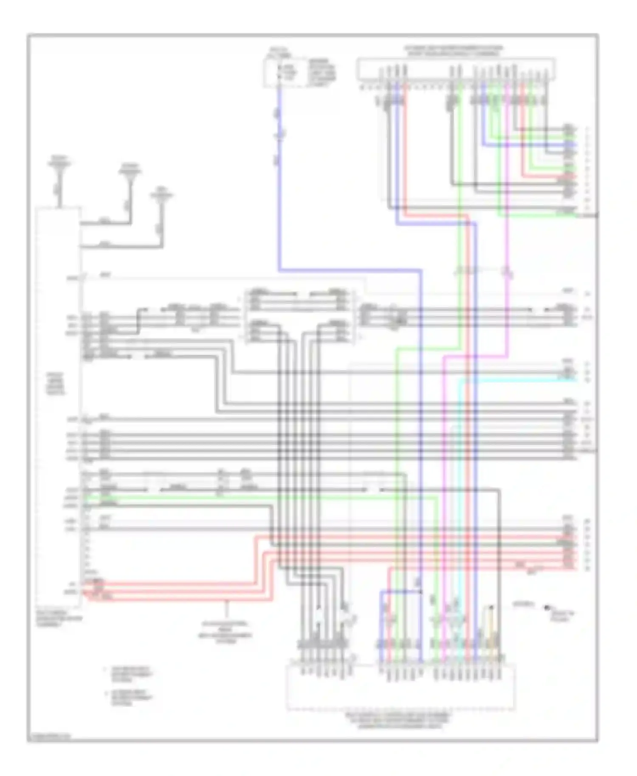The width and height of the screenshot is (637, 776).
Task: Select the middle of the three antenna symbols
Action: (x=130, y=172)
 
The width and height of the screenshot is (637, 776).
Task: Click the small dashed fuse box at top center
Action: (x=284, y=73)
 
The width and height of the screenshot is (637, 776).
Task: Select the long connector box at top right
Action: (x=456, y=69)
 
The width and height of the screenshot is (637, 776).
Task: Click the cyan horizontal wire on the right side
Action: (x=518, y=380)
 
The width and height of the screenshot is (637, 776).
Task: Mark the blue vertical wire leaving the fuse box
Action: (x=279, y=178)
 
